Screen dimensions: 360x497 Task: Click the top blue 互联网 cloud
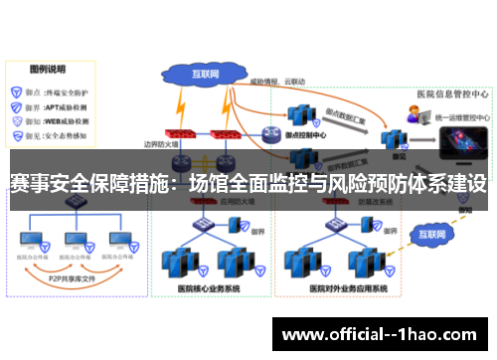click(204, 74)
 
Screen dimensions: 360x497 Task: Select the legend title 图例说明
click(48, 69)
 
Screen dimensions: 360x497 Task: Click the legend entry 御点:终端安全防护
click(54, 89)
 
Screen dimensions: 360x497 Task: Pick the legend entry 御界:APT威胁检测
click(54, 105)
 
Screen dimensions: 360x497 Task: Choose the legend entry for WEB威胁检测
click(54, 121)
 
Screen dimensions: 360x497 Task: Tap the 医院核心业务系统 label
click(209, 287)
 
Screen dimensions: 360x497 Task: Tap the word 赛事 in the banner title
click(27, 185)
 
